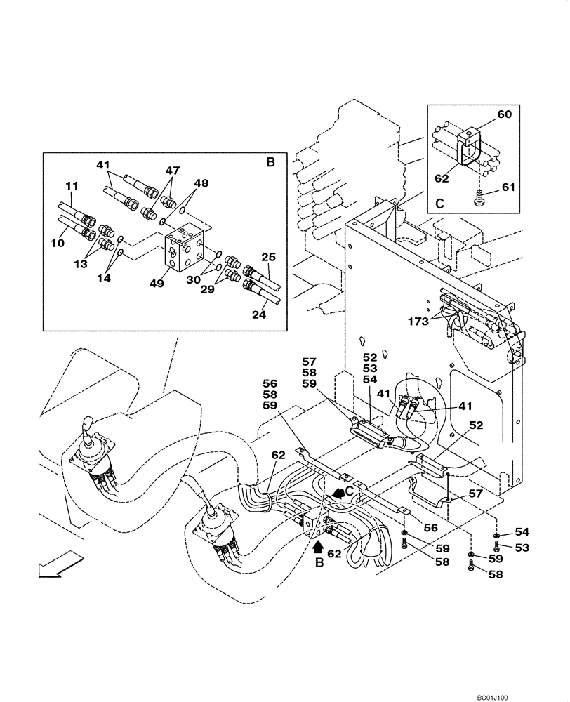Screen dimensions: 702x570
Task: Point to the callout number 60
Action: pyautogui.click(x=505, y=114)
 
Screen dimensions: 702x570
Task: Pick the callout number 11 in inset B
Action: pyautogui.click(x=73, y=186)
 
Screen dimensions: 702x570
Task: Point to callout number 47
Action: pyautogui.click(x=173, y=171)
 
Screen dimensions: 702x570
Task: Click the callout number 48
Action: pyautogui.click(x=201, y=183)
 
